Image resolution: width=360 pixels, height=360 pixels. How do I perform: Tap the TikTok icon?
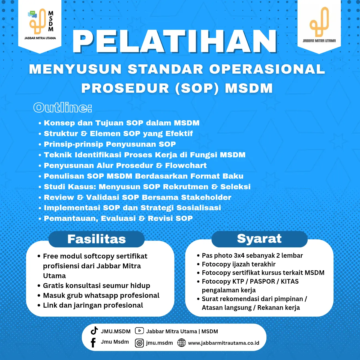[x=94, y=331]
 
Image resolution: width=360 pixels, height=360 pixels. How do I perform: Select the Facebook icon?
[x=93, y=343]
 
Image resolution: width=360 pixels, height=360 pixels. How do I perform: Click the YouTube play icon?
[x=139, y=331]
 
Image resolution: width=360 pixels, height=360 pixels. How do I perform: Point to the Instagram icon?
[x=139, y=343]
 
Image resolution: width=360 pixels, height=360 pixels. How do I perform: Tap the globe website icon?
[x=181, y=343]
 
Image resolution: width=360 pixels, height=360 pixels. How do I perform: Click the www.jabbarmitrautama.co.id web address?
[x=224, y=343]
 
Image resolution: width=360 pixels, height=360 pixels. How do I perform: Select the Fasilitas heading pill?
[x=97, y=239]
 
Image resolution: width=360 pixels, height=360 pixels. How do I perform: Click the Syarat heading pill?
[x=259, y=239]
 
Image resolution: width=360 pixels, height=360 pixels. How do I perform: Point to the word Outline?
[x=62, y=108]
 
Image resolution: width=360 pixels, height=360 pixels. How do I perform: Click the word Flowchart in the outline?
[x=186, y=166]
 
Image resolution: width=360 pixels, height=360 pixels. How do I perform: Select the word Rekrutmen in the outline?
[x=185, y=187]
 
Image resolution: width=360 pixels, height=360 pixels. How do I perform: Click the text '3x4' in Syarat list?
[x=239, y=256]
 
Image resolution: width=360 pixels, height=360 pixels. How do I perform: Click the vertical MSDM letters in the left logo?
[x=51, y=21]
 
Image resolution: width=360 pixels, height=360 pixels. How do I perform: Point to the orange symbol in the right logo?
[x=319, y=22]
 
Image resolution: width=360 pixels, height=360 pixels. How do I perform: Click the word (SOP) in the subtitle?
[x=197, y=88]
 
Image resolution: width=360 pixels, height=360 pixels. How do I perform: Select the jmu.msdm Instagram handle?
[x=159, y=343]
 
